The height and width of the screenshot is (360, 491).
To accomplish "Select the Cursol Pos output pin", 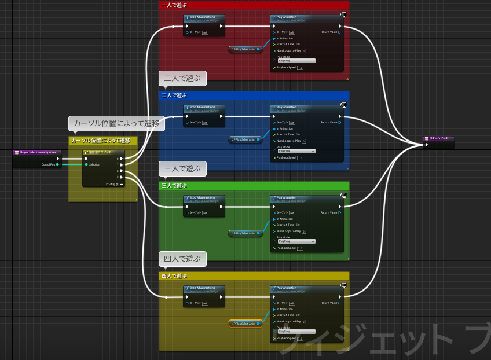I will click(58, 164).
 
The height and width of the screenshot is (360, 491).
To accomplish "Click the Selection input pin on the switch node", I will click(86, 164).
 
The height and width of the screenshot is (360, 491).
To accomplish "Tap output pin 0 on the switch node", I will click(120, 158).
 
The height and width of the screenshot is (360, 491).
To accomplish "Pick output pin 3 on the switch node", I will click(120, 177).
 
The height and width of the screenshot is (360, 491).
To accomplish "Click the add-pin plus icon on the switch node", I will click(122, 184).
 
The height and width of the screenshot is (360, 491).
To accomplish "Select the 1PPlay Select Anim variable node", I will click(244, 49).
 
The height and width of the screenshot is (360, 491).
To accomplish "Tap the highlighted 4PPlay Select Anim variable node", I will click(245, 324).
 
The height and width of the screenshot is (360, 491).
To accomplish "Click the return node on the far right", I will click(438, 139).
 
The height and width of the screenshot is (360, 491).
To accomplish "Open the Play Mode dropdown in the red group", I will click(296, 61).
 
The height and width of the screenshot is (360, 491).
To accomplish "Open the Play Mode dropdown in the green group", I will click(296, 241).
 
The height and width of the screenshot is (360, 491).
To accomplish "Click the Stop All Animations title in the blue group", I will click(203, 108).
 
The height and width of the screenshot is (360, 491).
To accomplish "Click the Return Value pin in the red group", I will click(339, 32).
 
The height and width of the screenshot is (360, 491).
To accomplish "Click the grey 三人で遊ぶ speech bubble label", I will click(182, 169).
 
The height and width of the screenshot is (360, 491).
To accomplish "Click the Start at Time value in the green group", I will click(298, 225).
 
